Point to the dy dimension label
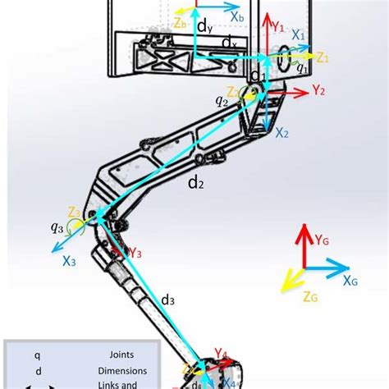coord(204,26)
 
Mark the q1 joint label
coord(301,70)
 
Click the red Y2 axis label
coord(319,91)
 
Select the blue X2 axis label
coord(281,131)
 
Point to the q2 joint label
coord(222,102)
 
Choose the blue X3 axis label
coord(69,263)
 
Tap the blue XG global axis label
coord(350,281)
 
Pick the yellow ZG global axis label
coord(310,298)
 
